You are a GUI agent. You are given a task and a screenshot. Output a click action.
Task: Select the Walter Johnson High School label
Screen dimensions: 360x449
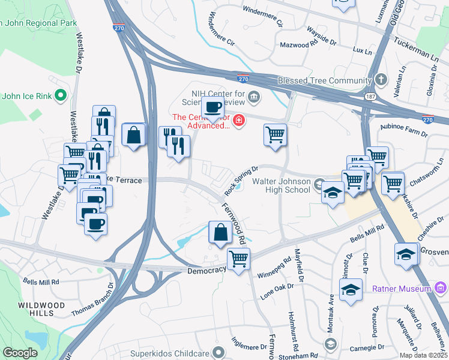pos(281,185)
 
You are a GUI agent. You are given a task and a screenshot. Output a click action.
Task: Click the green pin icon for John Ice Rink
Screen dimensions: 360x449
pos(60,95)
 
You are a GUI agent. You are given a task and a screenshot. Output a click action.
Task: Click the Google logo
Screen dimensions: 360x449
pos(20,353)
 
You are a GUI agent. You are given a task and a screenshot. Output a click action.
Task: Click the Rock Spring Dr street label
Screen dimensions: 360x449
pos(241,180)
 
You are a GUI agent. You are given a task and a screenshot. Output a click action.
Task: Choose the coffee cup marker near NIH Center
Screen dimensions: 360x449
pos(212,108)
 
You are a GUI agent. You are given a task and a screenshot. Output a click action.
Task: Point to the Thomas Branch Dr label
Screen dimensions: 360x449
pos(92,301)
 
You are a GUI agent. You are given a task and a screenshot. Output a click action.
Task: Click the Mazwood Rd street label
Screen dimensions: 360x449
pos(298,45)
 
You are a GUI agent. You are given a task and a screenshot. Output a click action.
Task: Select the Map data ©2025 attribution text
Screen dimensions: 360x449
pos(422,355)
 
